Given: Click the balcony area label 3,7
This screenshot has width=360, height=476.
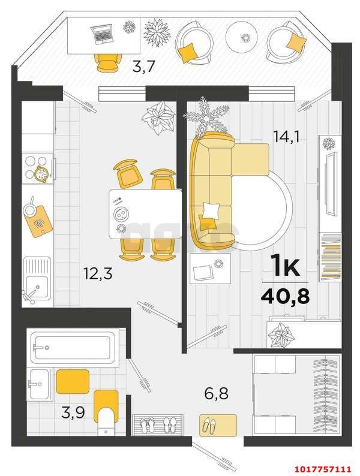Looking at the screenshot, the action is (x=143, y=66).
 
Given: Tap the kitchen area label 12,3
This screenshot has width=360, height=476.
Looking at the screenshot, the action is (x=98, y=273).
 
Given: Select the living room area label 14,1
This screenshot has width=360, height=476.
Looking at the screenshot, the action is (x=286, y=137).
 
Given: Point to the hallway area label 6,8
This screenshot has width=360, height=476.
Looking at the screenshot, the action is (x=217, y=394).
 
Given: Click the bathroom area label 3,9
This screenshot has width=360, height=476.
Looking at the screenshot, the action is (x=73, y=412).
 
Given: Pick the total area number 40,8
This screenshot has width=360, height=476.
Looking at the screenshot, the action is (x=285, y=296).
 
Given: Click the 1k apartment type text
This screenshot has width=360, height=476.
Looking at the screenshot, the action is (x=285, y=266).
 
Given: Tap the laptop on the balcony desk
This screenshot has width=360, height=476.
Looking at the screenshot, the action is (x=103, y=34).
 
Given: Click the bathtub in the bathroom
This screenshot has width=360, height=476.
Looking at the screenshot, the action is (x=73, y=347).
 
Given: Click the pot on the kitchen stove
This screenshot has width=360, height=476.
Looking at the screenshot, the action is (x=41, y=174).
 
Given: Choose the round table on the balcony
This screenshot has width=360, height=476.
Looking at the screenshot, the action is (x=242, y=36).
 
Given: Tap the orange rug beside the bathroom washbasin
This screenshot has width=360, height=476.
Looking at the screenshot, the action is (x=73, y=382).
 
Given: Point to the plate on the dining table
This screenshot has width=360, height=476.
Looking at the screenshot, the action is (x=121, y=215).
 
